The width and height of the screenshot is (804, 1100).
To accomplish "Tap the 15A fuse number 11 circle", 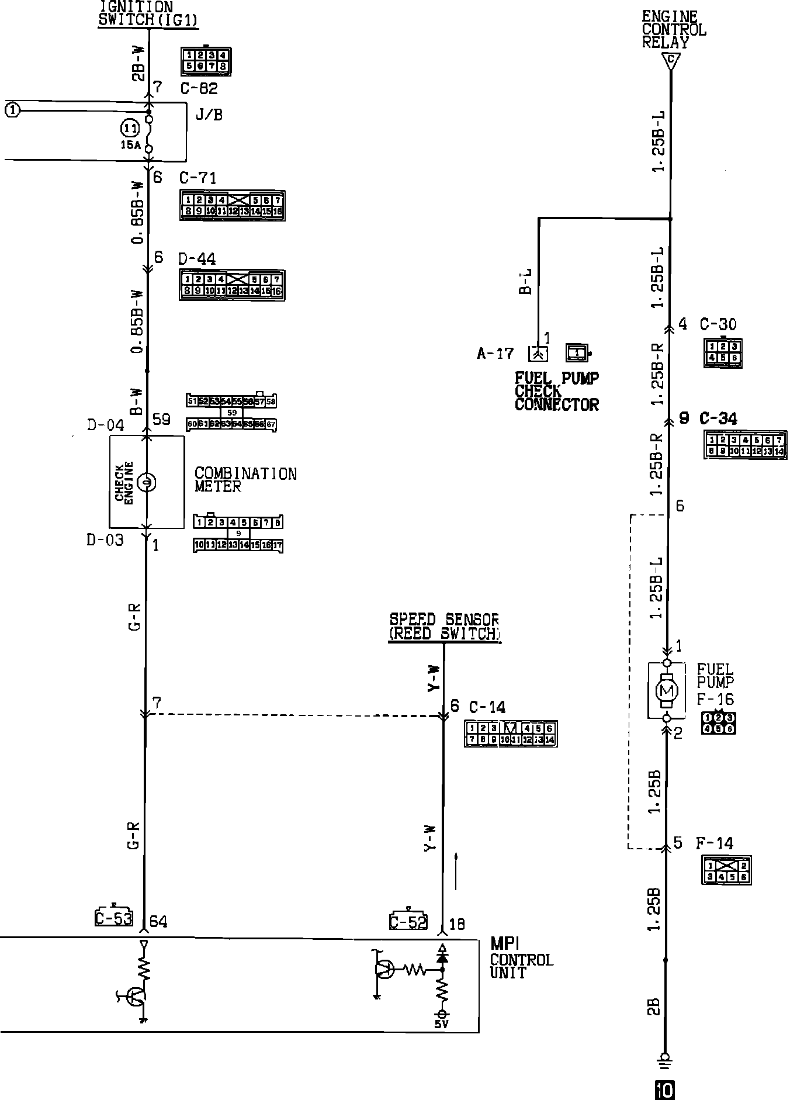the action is (130, 129).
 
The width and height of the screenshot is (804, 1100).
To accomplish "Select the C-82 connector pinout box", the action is (206, 61).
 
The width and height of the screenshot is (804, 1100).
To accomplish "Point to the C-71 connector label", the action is (197, 178).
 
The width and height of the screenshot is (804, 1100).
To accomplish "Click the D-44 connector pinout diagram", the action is (232, 285).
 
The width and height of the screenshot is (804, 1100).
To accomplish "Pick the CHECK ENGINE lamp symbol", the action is (147, 483).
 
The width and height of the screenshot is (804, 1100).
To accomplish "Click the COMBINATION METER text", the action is (245, 480).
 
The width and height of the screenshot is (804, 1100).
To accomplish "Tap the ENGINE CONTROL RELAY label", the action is (673, 29).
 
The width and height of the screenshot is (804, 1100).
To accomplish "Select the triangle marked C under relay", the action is (671, 60).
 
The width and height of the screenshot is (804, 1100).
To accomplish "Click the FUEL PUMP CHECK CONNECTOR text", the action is (556, 392).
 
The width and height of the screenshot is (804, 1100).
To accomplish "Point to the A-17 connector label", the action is (495, 354).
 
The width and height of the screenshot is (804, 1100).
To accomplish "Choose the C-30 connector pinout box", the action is (723, 352).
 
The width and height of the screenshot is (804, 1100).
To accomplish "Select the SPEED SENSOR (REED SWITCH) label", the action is (444, 627).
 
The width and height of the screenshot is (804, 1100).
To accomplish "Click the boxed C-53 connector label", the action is (114, 918).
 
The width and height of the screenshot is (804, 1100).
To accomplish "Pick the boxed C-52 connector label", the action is (408, 921).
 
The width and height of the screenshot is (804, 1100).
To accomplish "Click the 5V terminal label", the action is (442, 1025).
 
